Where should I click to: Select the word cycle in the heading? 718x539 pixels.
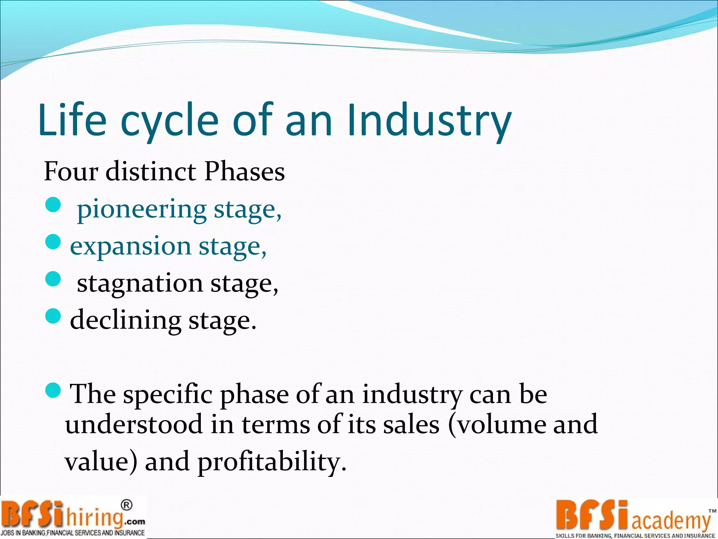click(169, 120)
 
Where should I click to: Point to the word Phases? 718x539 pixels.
click(244, 172)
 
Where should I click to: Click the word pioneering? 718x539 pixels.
click(141, 209)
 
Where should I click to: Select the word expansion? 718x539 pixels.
click(130, 246)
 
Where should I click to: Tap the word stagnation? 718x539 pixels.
click(140, 283)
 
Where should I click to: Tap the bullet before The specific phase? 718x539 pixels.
click(53, 390)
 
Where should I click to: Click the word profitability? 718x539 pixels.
click(272, 462)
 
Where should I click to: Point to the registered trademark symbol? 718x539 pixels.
click(127, 505)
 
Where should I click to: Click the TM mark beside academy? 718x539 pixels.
click(712, 511)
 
